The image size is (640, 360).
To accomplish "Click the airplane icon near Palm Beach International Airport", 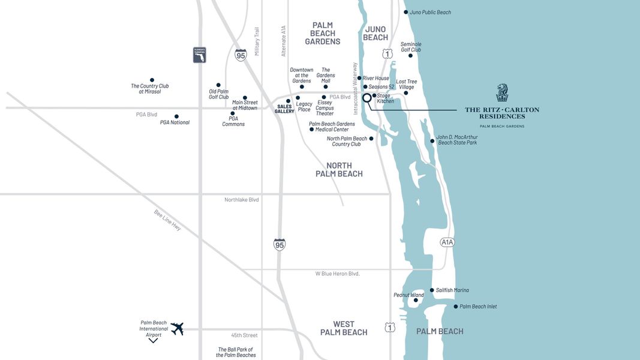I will click(x=177, y=329).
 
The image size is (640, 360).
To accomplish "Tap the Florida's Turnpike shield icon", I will click(x=199, y=55).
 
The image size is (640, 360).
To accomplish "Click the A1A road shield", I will click(x=447, y=242).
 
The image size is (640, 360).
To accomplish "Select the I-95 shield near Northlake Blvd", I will click(x=280, y=244).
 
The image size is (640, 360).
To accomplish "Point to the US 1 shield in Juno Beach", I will click(x=387, y=54).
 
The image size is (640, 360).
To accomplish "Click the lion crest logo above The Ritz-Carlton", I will click(x=502, y=93).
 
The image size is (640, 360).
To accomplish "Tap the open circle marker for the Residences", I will click(x=367, y=98).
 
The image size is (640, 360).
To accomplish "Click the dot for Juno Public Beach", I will click(x=405, y=12).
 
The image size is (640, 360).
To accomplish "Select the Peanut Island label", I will click(x=408, y=295).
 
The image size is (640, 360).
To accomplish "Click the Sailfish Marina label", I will click(x=452, y=290).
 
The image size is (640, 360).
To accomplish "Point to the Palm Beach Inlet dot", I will click(x=455, y=307).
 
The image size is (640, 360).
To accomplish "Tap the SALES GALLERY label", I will click(x=284, y=109).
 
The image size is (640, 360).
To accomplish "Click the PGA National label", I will click(x=175, y=122).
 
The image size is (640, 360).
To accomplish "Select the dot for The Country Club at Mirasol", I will click(x=152, y=80).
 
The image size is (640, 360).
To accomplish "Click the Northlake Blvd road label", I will click(x=241, y=200).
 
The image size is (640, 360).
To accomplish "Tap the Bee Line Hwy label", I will click(x=167, y=221).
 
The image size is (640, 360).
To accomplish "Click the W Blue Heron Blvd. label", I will click(x=337, y=274).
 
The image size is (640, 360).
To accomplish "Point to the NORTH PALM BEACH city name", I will click(x=339, y=170).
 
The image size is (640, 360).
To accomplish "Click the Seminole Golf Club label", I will click(x=411, y=47).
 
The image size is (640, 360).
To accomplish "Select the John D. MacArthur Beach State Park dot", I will click(x=432, y=142).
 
